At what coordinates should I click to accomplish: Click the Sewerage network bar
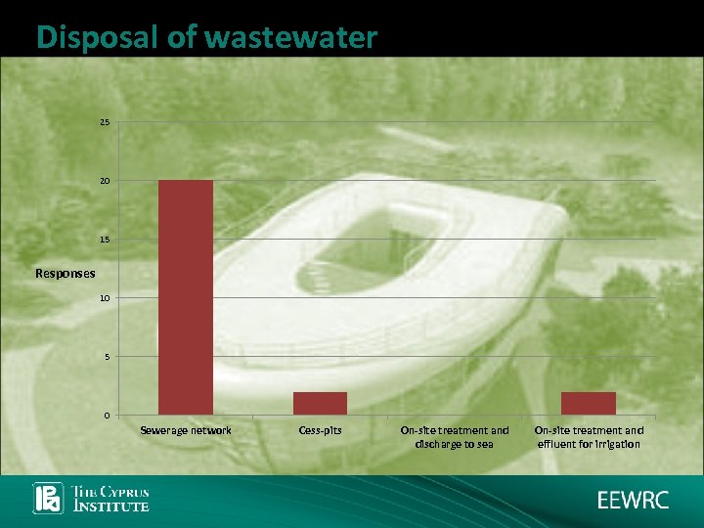tap(186, 297)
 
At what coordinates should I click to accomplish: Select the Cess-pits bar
tap(320, 403)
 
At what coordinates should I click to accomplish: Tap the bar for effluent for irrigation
tap(588, 403)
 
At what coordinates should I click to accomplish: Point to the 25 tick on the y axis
tap(104, 122)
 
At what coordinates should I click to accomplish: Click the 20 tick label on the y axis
tap(104, 181)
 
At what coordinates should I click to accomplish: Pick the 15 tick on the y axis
tap(104, 240)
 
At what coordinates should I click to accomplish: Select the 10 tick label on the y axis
tap(104, 298)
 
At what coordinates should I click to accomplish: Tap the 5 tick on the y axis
tap(105, 357)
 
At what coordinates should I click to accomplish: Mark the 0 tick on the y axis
tap(105, 416)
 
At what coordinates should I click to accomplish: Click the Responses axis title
tap(66, 274)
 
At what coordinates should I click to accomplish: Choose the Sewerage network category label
tap(186, 430)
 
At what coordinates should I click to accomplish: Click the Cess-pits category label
tap(320, 430)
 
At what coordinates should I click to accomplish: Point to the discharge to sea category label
tap(454, 437)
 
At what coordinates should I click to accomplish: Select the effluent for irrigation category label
tap(588, 437)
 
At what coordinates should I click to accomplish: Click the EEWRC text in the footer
tap(634, 500)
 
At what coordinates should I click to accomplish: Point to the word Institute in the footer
tap(112, 506)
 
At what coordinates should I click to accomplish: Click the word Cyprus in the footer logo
tap(122, 491)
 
